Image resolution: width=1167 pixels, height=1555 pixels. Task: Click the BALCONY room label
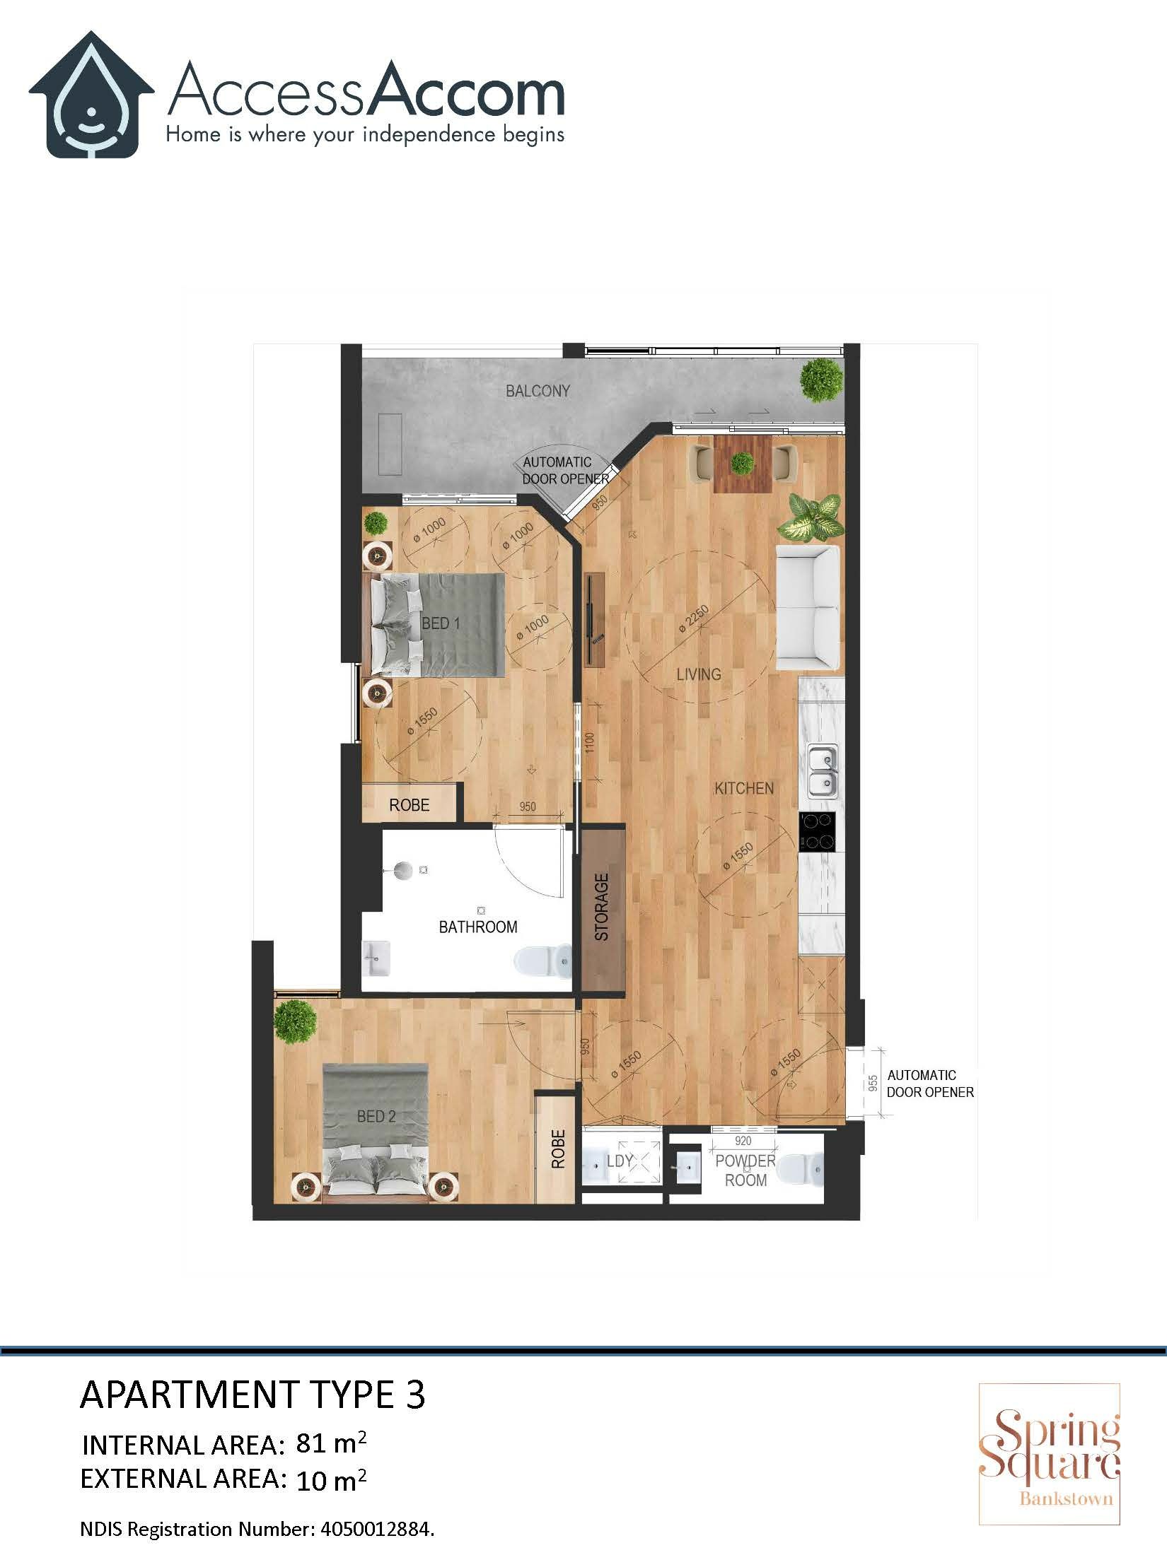538,391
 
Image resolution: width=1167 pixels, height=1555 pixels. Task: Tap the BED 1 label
441,623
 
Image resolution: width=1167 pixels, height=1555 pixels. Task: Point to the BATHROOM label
478,927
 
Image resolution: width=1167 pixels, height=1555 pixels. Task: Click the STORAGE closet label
602,907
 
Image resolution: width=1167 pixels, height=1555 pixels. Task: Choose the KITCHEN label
744,788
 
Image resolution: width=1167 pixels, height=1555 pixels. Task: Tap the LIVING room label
699,674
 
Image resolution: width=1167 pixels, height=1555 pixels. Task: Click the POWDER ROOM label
745,1170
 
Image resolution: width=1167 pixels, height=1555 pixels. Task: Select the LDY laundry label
620,1161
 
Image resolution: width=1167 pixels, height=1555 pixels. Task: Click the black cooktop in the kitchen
818,832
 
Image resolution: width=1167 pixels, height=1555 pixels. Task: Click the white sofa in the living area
808,608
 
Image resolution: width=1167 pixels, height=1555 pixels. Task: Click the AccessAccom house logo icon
91,95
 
